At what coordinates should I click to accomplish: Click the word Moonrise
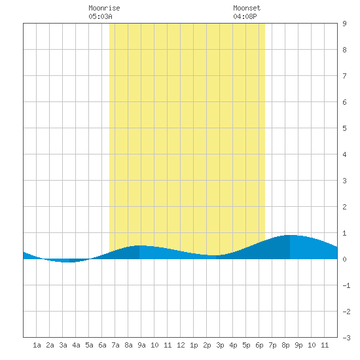click(x=104, y=8)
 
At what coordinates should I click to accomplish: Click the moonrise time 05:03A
click(x=100, y=16)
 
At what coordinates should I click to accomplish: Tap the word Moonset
click(x=247, y=8)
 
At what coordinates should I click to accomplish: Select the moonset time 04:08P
click(x=245, y=16)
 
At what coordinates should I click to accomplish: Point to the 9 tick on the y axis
click(x=344, y=24)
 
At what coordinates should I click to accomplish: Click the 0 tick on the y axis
click(x=344, y=259)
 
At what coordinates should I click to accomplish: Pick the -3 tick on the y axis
click(x=346, y=338)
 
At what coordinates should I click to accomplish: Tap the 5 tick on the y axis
click(x=344, y=128)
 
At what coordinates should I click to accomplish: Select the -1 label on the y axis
click(x=346, y=285)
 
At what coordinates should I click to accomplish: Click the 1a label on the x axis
click(x=37, y=345)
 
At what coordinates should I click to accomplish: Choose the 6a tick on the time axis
click(x=102, y=345)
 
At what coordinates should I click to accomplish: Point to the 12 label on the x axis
click(x=181, y=345)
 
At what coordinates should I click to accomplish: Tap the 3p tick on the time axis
click(x=220, y=345)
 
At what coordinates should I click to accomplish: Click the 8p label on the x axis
click(x=285, y=345)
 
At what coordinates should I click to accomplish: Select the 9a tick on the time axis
click(x=141, y=345)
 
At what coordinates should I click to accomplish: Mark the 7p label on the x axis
click(x=272, y=345)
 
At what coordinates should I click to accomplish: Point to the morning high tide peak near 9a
click(x=139, y=245)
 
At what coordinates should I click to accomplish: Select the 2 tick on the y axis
click(x=344, y=207)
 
